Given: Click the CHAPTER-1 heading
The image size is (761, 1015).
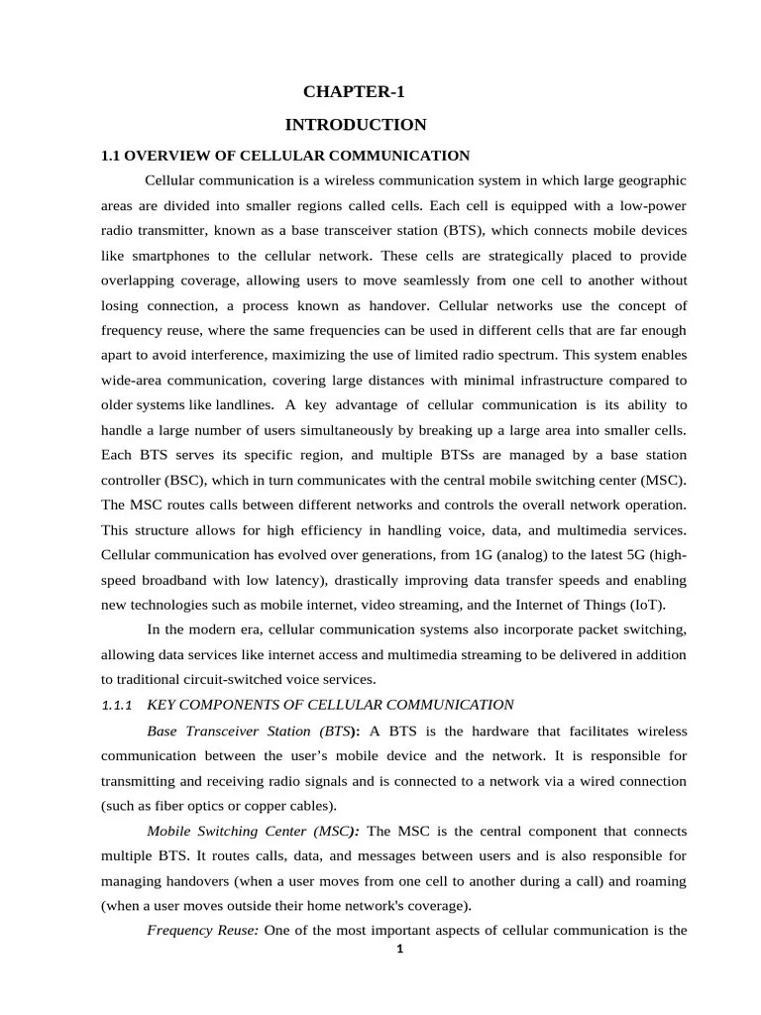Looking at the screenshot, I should coord(354,92).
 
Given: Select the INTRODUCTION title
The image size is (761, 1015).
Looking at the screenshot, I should coord(356,125).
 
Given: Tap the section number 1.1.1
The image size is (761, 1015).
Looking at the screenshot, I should coord(118,706).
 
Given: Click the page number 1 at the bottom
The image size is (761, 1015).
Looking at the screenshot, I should coord(399,949).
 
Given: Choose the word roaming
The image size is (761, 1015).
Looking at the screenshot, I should coord(658,881).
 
